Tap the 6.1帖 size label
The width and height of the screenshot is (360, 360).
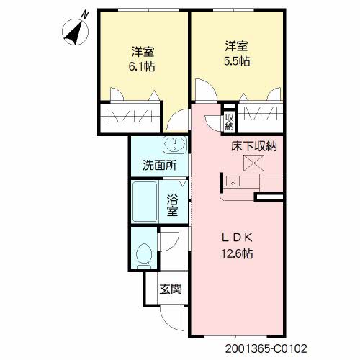point(143,66)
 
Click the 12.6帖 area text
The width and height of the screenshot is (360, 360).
point(238,253)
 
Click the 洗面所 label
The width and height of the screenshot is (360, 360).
point(159,164)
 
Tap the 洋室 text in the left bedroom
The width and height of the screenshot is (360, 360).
point(143,52)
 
